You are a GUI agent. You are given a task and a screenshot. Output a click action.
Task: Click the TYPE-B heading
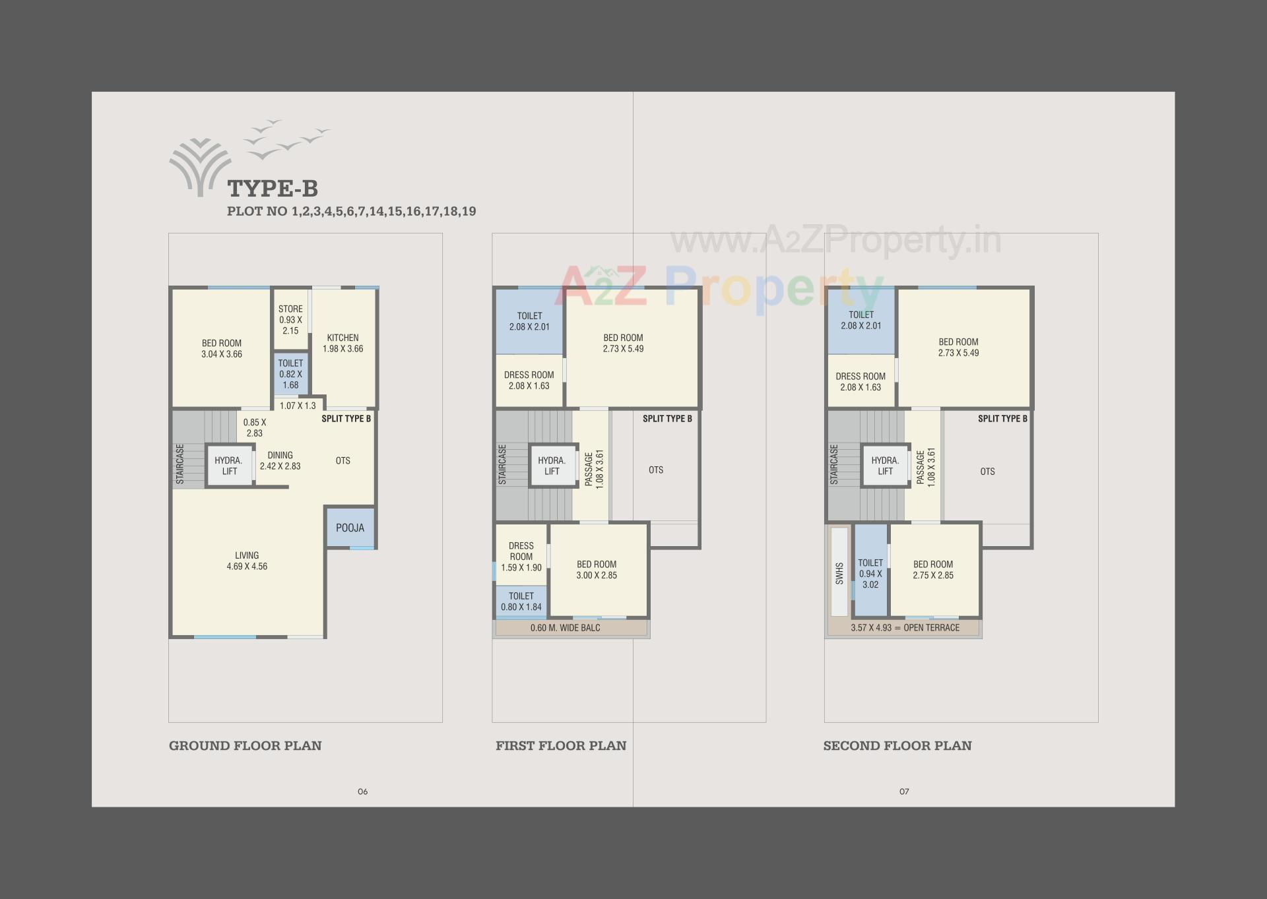[x=273, y=189]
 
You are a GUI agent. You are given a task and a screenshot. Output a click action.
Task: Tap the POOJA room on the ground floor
[x=350, y=528]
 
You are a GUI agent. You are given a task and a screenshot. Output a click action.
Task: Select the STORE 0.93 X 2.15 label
[x=290, y=320]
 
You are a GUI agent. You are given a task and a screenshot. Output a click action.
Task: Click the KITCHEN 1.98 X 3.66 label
[x=342, y=343]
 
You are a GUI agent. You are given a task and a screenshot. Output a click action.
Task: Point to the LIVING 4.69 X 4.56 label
[x=247, y=561]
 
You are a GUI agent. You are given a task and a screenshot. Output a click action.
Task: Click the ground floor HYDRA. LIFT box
[x=229, y=466]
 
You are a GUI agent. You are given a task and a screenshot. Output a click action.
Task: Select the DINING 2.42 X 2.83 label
[x=280, y=460]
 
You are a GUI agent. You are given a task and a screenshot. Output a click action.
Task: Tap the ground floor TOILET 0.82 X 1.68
[x=290, y=374]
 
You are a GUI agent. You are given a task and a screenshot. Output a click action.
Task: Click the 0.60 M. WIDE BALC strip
[x=566, y=628]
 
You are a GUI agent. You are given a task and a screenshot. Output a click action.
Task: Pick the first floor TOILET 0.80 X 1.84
[x=521, y=602]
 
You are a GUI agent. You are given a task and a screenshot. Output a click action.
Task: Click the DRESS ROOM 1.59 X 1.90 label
[x=521, y=557]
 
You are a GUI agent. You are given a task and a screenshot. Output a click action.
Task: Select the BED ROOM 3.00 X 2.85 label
[x=597, y=570]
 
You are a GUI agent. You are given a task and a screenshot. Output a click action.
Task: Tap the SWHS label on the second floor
[x=839, y=573]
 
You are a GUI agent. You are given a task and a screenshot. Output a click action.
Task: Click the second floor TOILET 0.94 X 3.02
[x=870, y=574]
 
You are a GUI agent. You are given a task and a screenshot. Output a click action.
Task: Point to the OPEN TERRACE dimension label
[x=905, y=628]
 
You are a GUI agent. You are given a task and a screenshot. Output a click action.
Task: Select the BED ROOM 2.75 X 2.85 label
[x=933, y=570]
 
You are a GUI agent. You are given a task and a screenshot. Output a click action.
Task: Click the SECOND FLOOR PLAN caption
[x=897, y=746]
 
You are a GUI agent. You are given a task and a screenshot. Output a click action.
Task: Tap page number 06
[x=362, y=791]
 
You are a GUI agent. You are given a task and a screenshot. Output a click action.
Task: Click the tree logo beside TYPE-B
[x=200, y=168]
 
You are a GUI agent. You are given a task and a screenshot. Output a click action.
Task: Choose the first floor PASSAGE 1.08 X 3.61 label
[x=594, y=469]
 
